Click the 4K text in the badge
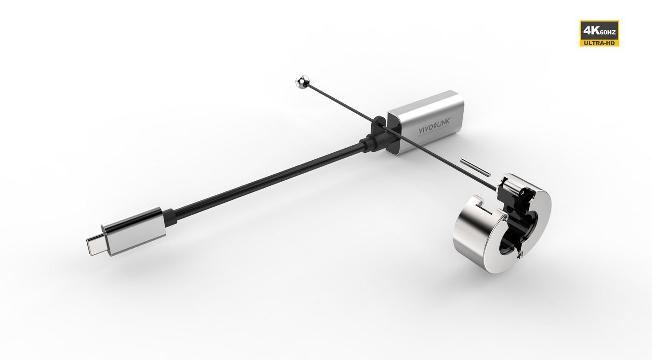click(x=590, y=30)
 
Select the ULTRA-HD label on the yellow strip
click(x=599, y=42)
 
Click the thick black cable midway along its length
click(x=261, y=179)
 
